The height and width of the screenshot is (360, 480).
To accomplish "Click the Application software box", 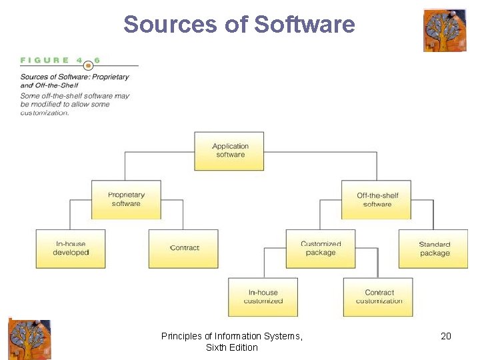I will (x=229, y=151).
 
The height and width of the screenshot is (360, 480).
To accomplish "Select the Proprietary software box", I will (x=126, y=199).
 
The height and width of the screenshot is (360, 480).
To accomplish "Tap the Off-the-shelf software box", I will (x=377, y=200).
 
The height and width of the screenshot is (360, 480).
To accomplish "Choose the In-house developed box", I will (x=71, y=249).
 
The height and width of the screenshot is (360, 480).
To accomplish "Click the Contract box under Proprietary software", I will (x=183, y=249).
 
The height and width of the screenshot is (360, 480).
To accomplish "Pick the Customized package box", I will (x=321, y=249).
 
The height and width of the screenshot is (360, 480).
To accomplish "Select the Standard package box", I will (x=434, y=249).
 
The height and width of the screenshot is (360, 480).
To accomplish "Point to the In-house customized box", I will (x=263, y=297).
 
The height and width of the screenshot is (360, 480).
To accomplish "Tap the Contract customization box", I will (x=378, y=297).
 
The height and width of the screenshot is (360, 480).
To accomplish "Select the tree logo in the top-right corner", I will (x=445, y=31).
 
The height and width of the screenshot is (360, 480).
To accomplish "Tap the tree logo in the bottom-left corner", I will (x=29, y=339).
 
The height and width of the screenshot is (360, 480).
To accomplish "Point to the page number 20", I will (x=446, y=336).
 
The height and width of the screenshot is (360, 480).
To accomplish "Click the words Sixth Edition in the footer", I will (x=231, y=347).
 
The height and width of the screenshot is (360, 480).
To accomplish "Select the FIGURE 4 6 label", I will (x=61, y=60).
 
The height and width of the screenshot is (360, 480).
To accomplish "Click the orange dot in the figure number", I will (x=89, y=65).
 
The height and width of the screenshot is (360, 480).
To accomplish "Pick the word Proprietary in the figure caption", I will (x=112, y=77).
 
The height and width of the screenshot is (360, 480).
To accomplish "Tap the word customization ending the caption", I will (x=45, y=113).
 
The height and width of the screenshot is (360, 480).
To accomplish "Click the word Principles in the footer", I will (x=183, y=336).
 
